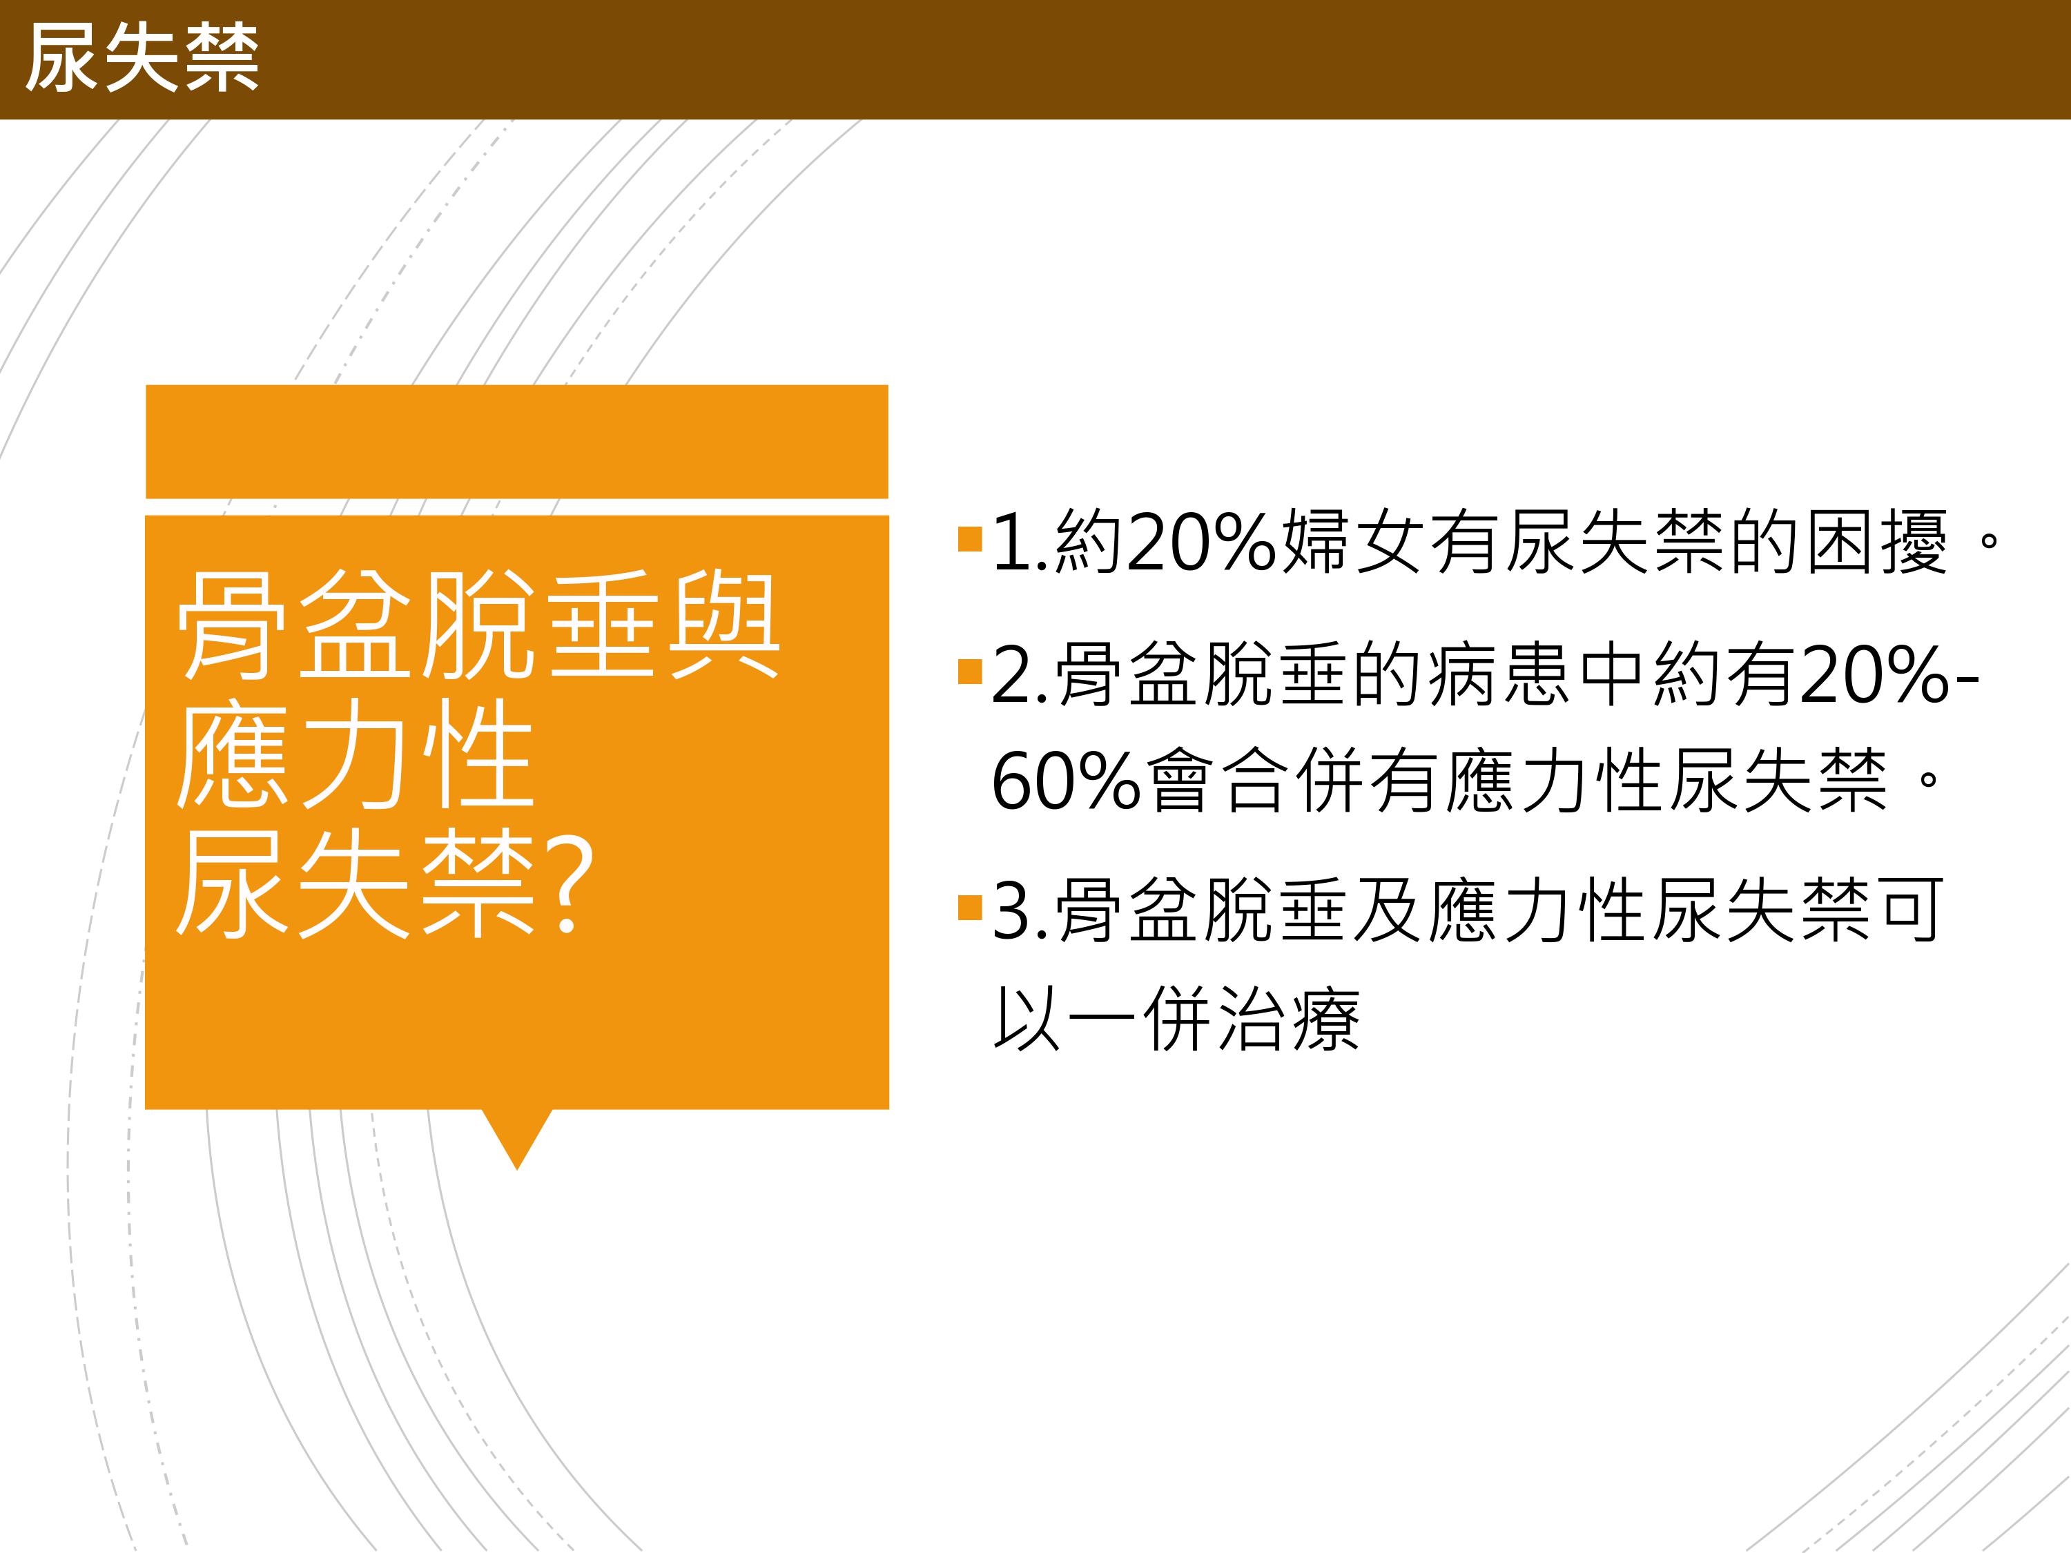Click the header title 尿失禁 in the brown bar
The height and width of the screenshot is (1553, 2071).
click(142, 58)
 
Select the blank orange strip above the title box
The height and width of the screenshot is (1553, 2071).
click(517, 441)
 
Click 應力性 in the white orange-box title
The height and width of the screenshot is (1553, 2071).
click(355, 754)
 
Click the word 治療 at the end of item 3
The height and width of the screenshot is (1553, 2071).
click(1288, 1019)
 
